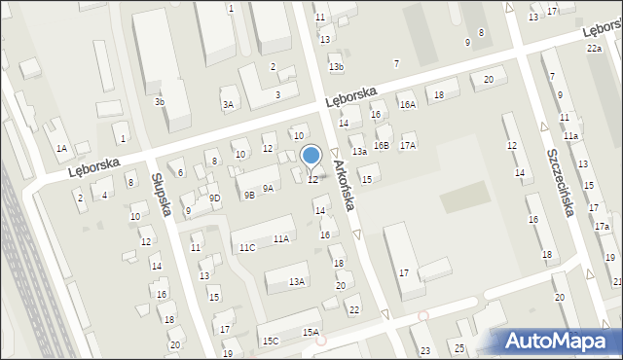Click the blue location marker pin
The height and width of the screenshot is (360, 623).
pyautogui.click(x=311, y=156)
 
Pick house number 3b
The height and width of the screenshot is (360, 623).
pyautogui.click(x=160, y=101)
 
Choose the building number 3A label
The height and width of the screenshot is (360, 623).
pyautogui.click(x=228, y=104)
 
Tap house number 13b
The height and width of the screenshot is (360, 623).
pyautogui.click(x=336, y=66)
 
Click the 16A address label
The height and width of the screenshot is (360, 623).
pyautogui.click(x=407, y=104)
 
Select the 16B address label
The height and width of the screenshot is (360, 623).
pyautogui.click(x=381, y=145)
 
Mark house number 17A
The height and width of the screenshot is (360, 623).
pyautogui.click(x=408, y=145)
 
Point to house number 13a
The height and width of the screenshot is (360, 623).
pyautogui.click(x=359, y=152)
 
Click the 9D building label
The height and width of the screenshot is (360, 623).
pyautogui.click(x=215, y=198)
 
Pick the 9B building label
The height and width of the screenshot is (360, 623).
pyautogui.click(x=249, y=195)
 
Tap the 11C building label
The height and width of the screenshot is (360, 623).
pyautogui.click(x=247, y=247)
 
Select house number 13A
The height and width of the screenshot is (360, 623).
pyautogui.click(x=297, y=282)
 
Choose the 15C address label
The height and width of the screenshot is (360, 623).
pyautogui.click(x=270, y=341)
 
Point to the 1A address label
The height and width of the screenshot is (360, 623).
pyautogui.click(x=61, y=148)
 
